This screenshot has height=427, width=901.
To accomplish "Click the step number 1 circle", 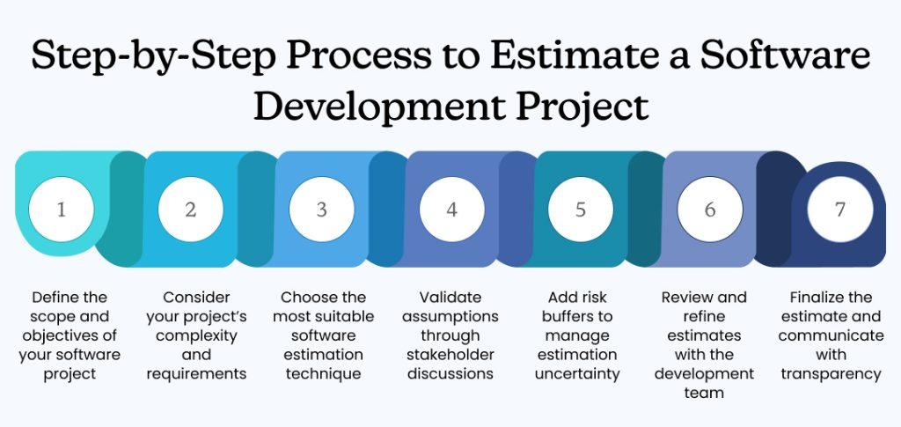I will click(61, 210).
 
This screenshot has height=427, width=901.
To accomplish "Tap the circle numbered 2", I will click(191, 210).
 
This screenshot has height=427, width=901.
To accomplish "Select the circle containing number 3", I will click(321, 210).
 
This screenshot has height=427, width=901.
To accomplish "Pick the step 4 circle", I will click(451, 210).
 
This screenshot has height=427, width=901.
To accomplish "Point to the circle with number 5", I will click(581, 210).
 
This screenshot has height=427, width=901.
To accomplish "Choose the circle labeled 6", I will click(710, 210).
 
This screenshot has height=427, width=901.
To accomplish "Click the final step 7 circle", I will click(840, 210).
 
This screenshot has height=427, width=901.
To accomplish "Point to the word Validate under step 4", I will click(451, 298).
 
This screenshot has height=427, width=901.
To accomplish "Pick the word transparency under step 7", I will click(831, 374).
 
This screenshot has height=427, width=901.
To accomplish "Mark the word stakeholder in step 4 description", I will click(451, 355).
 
